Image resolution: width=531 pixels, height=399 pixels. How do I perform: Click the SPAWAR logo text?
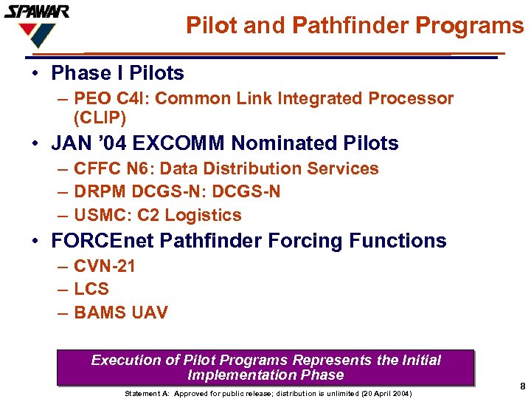tap(37, 11)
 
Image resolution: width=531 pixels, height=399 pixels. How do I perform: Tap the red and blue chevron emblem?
tap(36, 34)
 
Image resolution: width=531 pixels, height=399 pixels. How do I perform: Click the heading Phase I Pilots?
tap(117, 73)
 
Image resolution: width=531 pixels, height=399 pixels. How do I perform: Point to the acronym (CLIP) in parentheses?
tap(100, 117)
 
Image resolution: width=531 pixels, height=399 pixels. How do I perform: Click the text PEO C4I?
tap(108, 99)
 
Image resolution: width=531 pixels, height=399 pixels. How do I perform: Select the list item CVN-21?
tap(105, 266)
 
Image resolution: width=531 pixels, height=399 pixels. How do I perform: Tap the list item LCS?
tap(91, 289)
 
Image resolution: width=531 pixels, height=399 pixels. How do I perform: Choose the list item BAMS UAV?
tap(121, 313)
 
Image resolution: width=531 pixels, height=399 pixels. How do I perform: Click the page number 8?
tap(522, 386)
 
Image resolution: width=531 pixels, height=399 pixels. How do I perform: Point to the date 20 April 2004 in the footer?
tap(381, 393)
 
